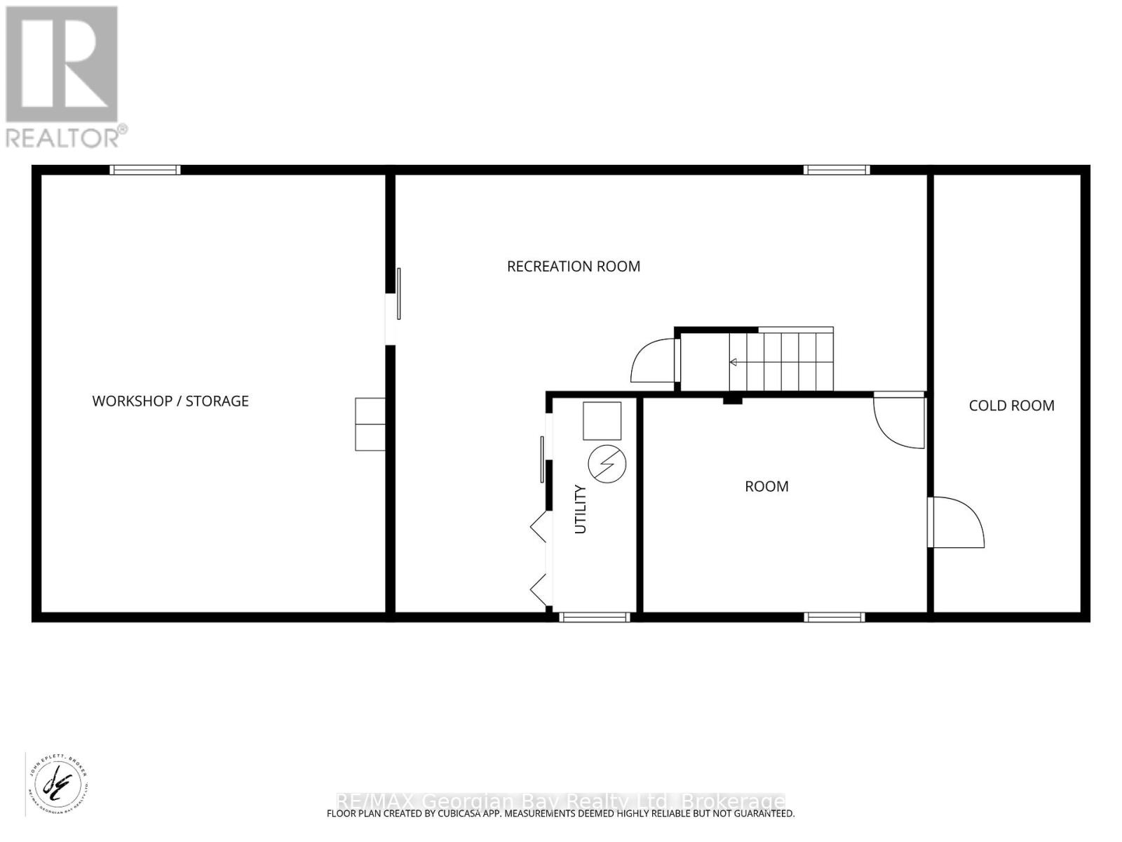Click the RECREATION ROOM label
pyautogui.click(x=573, y=267)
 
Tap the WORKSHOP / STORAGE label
pyautogui.click(x=170, y=401)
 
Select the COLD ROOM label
pyautogui.click(x=1011, y=406)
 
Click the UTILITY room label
pyautogui.click(x=581, y=509)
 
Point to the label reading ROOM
pyautogui.click(x=766, y=486)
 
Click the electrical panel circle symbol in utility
pyautogui.click(x=607, y=463)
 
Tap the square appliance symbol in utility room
pyautogui.click(x=602, y=421)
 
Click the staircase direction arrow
pyautogui.click(x=734, y=363)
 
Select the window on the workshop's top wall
pyautogui.click(x=145, y=170)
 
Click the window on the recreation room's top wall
pyautogui.click(x=836, y=170)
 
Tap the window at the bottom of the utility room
pyautogui.click(x=594, y=617)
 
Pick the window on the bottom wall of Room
pyautogui.click(x=834, y=617)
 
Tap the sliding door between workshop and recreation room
pyautogui.click(x=397, y=295)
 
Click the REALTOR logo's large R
pyautogui.click(x=62, y=65)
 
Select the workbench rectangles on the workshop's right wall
pyautogui.click(x=370, y=424)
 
